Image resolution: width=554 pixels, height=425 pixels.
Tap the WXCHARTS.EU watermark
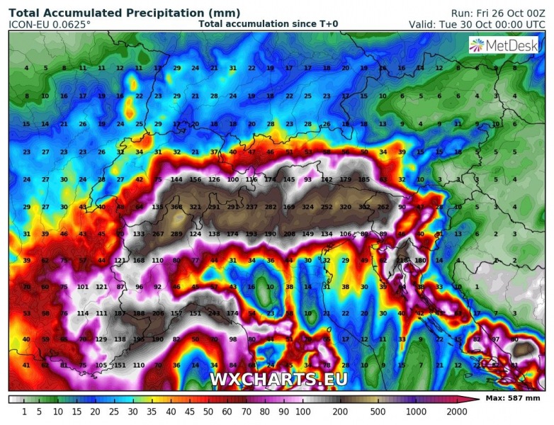click(278, 379)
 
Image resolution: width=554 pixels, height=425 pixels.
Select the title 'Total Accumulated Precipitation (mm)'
click(124, 13)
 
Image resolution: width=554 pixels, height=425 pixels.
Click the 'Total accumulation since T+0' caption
click(268, 24)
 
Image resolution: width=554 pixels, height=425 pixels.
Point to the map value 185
click(364, 179)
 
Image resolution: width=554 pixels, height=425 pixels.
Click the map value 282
click(270, 207)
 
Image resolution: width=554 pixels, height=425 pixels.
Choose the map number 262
click(383, 207)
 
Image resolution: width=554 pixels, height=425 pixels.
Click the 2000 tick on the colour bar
click(456, 411)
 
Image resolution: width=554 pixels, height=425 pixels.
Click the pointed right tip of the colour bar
click(468, 399)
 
